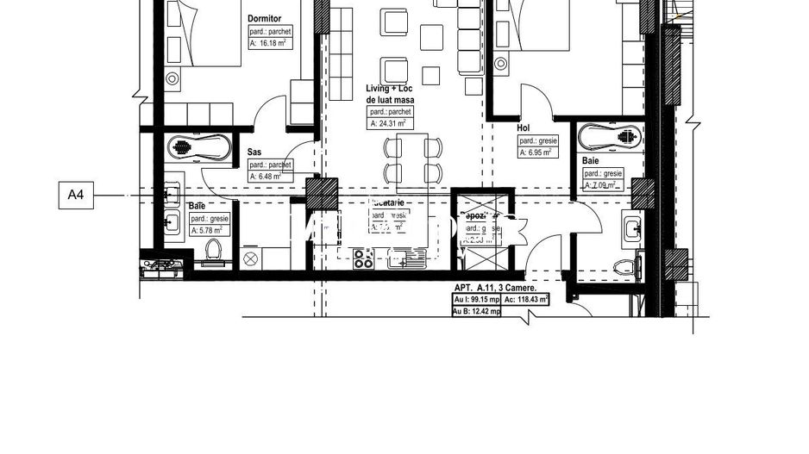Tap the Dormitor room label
(263, 18)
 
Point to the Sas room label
(254, 152)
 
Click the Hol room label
(523, 127)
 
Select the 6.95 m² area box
(539, 152)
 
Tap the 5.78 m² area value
(208, 230)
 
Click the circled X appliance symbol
(251, 258)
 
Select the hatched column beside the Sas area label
(323, 193)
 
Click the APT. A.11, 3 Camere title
(496, 289)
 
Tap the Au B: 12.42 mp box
(477, 312)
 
